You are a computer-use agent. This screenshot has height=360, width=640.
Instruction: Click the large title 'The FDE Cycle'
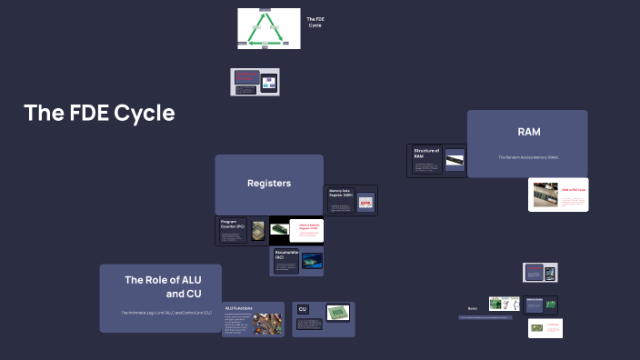tap(99, 114)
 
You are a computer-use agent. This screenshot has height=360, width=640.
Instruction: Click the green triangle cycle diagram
tap(268, 28)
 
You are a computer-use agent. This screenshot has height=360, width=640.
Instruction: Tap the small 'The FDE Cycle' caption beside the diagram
tap(315, 22)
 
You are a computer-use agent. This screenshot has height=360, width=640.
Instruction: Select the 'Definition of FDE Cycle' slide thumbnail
tap(255, 82)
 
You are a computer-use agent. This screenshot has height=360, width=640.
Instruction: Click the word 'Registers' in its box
tap(269, 184)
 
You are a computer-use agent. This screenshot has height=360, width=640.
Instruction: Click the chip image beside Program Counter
tap(258, 231)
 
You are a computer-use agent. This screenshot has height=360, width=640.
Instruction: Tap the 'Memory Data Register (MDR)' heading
tap(341, 193)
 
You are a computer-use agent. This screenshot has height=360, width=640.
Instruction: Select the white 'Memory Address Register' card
tap(305, 230)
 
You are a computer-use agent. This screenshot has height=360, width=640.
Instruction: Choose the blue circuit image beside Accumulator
tap(312, 261)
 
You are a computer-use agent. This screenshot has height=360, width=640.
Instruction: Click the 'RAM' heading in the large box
tap(528, 133)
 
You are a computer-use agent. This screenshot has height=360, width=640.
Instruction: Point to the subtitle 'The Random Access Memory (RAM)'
tap(527, 157)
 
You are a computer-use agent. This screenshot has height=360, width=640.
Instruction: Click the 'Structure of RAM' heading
tap(426, 153)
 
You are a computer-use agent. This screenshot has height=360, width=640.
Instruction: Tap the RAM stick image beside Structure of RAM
tap(455, 160)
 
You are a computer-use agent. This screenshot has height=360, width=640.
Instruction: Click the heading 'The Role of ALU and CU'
tap(163, 286)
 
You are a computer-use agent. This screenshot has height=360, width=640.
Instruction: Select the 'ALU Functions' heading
tap(238, 309)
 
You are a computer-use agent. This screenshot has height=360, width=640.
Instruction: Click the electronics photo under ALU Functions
tap(267, 324)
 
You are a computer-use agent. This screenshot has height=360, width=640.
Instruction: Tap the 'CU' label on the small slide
tap(303, 309)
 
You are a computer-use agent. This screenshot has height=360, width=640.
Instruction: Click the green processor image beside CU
tap(338, 313)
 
